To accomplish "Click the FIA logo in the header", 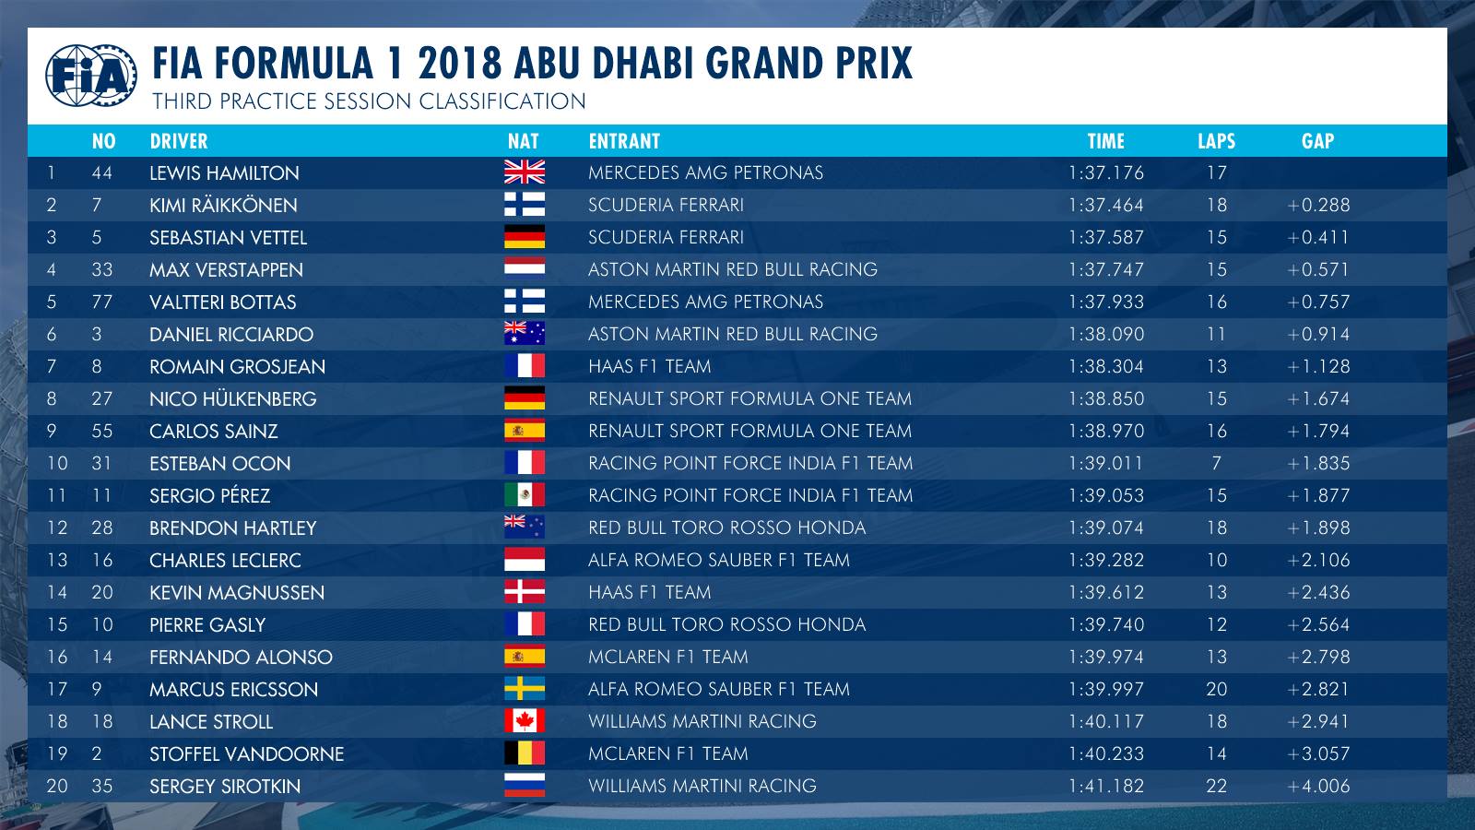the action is (x=91, y=76).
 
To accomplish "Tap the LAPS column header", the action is (x=1216, y=141).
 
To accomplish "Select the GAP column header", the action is (x=1317, y=141).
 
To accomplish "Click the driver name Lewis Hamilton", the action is (x=224, y=173).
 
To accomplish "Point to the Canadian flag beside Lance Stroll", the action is (x=525, y=720).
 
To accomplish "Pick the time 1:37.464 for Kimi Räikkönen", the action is (x=1105, y=206).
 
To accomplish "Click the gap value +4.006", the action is (x=1318, y=786).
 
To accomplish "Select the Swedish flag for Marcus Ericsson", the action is (x=525, y=688).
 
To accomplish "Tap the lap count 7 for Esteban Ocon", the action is (x=1216, y=463).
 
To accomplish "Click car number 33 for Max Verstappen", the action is (x=102, y=270).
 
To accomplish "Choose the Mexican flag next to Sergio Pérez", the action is (x=525, y=494).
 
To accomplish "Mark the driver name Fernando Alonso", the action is (x=241, y=658).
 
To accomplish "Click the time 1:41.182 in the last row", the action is (x=1105, y=786).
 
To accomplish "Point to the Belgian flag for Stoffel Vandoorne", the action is (x=525, y=753).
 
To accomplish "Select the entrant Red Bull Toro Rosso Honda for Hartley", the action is (x=727, y=528).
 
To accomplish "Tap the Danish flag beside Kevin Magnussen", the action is (x=525, y=591).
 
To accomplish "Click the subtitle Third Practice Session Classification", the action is (x=369, y=101).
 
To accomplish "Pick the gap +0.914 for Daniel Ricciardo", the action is (x=1318, y=335).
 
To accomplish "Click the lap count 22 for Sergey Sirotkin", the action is (x=1216, y=786).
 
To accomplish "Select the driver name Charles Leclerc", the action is (x=225, y=561).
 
